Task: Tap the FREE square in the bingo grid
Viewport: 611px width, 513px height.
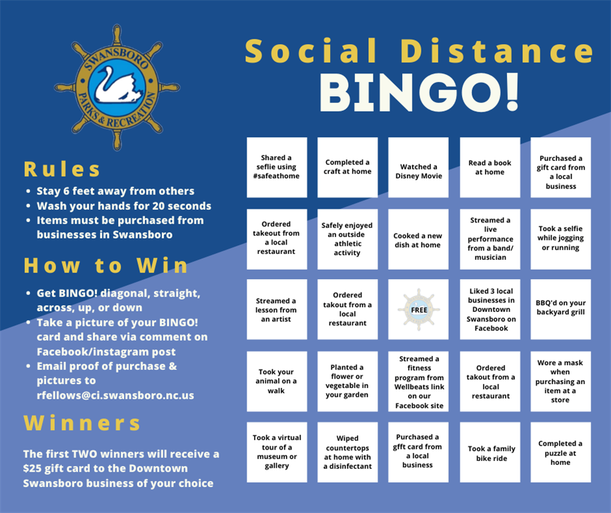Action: click(x=418, y=309)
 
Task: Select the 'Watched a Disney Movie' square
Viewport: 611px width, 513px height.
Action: click(x=418, y=168)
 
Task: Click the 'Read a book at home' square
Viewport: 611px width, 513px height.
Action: click(x=490, y=168)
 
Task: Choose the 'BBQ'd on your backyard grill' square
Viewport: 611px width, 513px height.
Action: click(x=561, y=309)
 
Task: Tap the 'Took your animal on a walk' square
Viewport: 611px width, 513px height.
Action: click(x=277, y=381)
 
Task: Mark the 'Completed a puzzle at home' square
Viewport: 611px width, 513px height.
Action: click(x=561, y=452)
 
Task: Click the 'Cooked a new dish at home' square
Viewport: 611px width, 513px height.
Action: click(x=418, y=239)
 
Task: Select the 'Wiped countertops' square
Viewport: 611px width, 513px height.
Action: click(x=348, y=452)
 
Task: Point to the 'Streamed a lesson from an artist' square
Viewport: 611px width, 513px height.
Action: click(x=277, y=309)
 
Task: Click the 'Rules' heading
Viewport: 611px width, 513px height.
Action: click(x=62, y=169)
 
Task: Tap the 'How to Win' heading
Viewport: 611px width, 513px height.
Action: click(x=105, y=266)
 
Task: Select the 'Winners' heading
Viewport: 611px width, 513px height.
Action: click(x=82, y=423)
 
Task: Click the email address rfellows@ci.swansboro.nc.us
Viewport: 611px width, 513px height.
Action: click(x=115, y=395)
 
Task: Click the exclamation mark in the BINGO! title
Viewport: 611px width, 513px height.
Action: click(x=511, y=92)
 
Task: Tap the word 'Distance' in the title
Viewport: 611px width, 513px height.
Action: click(x=497, y=51)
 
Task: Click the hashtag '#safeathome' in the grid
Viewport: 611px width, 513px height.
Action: click(x=276, y=176)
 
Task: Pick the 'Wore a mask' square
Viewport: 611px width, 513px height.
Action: click(x=561, y=381)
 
